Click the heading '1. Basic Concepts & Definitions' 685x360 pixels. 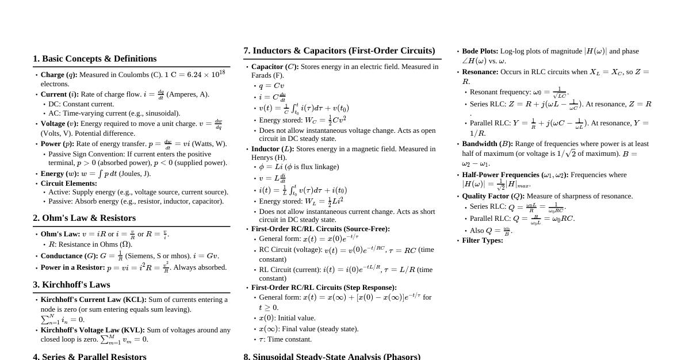94,59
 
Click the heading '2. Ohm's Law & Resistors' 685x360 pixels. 84,218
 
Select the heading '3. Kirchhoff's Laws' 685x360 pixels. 71,285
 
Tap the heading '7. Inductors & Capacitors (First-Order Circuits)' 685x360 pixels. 339,51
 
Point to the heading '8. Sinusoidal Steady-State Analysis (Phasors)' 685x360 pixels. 331,356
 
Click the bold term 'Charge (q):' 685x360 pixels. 59,75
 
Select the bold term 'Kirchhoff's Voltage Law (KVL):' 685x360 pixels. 93,330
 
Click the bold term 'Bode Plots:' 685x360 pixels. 480,51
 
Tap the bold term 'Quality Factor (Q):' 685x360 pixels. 493,196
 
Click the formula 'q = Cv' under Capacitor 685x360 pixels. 271,86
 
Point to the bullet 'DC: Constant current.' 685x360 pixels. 81,104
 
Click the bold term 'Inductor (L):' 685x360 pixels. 273,149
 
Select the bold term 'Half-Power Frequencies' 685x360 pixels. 500,175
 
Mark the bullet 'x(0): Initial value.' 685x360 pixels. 287,318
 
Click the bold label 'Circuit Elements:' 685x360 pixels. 68,183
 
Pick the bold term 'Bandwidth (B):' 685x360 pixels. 487,144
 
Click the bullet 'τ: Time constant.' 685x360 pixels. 285,339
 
